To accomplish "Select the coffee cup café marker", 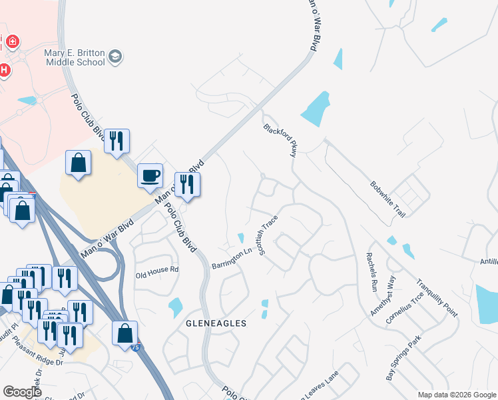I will (150, 175).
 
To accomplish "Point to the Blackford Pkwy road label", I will (280, 139).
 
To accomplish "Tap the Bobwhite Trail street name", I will (388, 191).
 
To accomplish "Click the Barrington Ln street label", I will (232, 258).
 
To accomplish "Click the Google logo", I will (23, 392).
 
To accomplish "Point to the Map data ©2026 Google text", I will (456, 395).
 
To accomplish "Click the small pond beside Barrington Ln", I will (241, 238).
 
